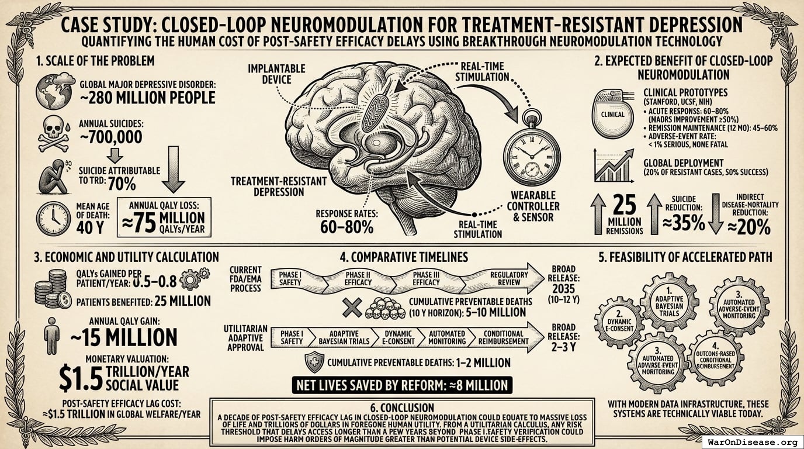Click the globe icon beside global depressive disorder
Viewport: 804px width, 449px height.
pyautogui.click(x=51, y=91)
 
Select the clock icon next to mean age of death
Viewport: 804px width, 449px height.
pyautogui.click(x=53, y=218)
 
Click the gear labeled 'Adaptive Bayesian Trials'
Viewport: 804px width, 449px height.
pyautogui.click(x=669, y=302)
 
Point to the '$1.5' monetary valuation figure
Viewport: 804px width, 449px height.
pyautogui.click(x=81, y=377)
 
